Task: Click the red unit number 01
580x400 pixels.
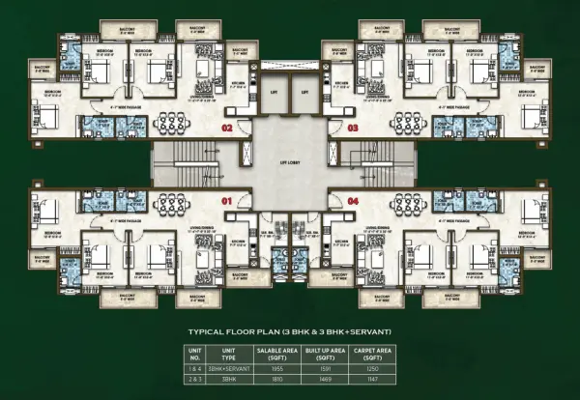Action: [229, 200]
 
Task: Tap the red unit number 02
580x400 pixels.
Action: [229, 127]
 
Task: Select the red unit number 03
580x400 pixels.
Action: [353, 127]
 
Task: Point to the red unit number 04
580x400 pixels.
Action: [353, 200]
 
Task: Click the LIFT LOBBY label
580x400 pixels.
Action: [291, 162]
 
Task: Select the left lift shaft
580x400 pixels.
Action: [273, 94]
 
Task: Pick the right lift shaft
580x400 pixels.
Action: [308, 94]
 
